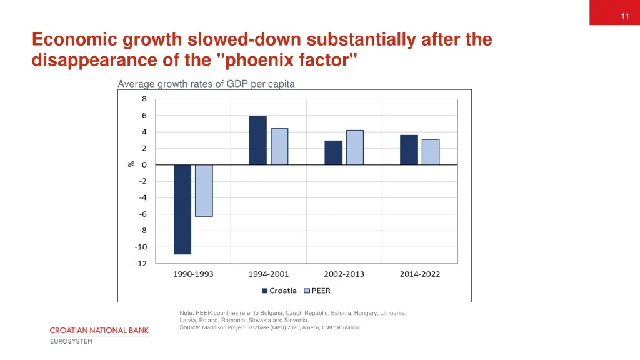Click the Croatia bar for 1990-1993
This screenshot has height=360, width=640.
(x=182, y=209)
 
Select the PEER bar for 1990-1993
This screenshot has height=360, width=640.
(x=204, y=191)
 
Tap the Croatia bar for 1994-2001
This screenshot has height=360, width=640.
(x=257, y=141)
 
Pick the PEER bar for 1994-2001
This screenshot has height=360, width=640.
(x=279, y=147)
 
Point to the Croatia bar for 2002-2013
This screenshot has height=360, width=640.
(x=334, y=153)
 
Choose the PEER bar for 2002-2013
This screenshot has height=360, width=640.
(x=355, y=147)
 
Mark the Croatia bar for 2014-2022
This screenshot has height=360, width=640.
(x=409, y=150)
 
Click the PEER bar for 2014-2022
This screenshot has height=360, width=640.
(x=431, y=152)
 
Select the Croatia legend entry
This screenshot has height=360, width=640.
(x=279, y=291)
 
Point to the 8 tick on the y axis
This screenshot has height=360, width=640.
(x=144, y=99)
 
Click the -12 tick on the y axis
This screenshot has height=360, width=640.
(x=141, y=263)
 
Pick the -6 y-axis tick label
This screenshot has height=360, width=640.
(x=142, y=214)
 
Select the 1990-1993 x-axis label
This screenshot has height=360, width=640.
(x=193, y=274)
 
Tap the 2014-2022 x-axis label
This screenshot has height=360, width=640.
(x=420, y=274)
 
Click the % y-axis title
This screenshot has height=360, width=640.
(x=131, y=164)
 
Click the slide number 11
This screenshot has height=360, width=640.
(x=625, y=17)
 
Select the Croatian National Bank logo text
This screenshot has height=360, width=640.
(x=99, y=330)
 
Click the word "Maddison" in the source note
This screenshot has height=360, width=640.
(x=215, y=327)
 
